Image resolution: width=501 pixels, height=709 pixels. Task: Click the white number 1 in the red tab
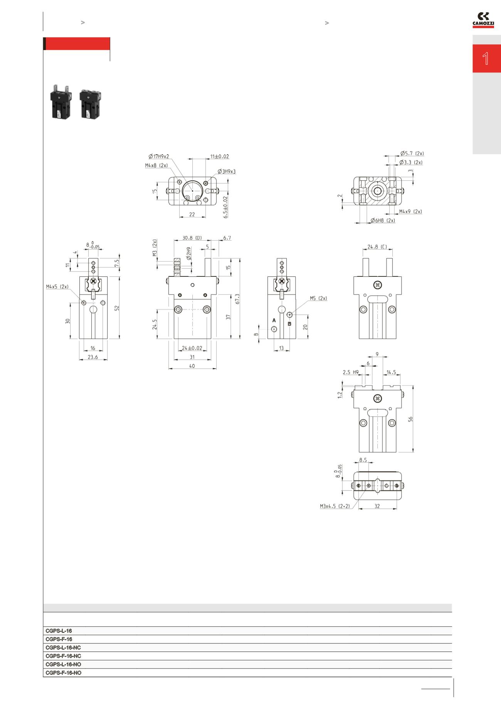pyautogui.click(x=486, y=59)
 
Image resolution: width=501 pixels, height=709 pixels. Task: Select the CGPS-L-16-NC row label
pyautogui.click(x=63, y=648)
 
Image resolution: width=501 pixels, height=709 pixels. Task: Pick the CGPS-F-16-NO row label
pyautogui.click(x=63, y=673)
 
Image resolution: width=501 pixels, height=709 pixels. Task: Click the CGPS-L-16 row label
pyautogui.click(x=59, y=631)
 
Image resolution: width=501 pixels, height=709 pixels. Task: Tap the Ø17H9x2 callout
pyautogui.click(x=159, y=157)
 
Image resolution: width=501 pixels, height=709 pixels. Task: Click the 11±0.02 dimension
pyautogui.click(x=219, y=157)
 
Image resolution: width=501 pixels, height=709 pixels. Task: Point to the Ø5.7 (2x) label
pyautogui.click(x=412, y=153)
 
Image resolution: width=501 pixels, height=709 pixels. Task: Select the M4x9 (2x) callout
pyautogui.click(x=410, y=212)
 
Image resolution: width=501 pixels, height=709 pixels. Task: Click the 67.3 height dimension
pyautogui.click(x=237, y=299)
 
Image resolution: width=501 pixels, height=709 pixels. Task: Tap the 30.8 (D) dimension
pyautogui.click(x=192, y=238)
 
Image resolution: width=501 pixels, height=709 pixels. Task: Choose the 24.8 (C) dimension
pyautogui.click(x=377, y=247)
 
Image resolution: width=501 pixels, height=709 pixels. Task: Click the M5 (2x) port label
pyautogui.click(x=318, y=298)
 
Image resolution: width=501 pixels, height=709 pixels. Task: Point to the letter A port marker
pyautogui.click(x=274, y=320)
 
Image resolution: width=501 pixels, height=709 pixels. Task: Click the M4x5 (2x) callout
pyautogui.click(x=57, y=287)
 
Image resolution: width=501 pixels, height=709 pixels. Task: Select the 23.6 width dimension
pyautogui.click(x=93, y=357)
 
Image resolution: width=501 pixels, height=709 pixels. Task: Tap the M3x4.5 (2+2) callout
pyautogui.click(x=335, y=506)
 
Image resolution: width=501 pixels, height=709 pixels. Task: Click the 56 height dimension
pyautogui.click(x=410, y=419)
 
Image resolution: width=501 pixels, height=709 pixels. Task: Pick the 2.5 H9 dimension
pyautogui.click(x=350, y=372)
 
